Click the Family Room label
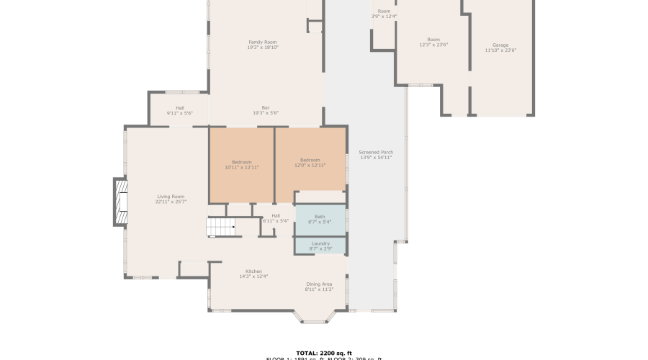[x=263, y=42]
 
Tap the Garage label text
[x=500, y=45]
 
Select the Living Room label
[x=171, y=197]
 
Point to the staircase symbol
[x=221, y=228]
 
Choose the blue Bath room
[x=320, y=219]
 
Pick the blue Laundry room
[x=320, y=246]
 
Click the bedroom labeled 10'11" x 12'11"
[x=241, y=164]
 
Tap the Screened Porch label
[x=376, y=153]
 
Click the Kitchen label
[x=253, y=271]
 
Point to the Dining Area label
[x=319, y=284]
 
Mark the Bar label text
[x=265, y=108]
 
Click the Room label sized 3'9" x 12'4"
[x=384, y=12]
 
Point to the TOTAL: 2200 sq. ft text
[x=323, y=353]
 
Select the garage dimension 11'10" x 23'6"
[x=500, y=50]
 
